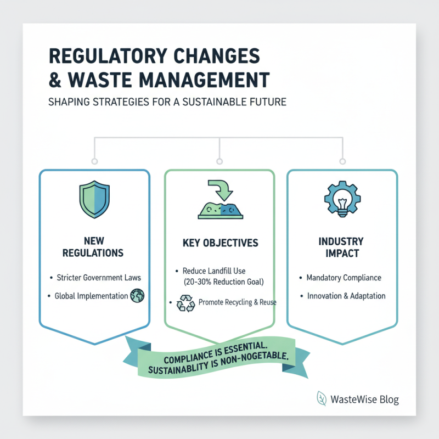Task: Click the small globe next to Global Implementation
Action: (x=137, y=296)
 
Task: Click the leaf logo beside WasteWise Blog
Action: (x=322, y=399)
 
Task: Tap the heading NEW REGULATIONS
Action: (x=94, y=247)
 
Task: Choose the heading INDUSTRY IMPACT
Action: (x=342, y=247)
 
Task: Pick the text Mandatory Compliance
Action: (x=344, y=278)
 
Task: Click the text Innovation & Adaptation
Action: (x=346, y=296)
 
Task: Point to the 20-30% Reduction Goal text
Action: (x=219, y=282)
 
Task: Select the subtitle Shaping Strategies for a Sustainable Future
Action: (x=167, y=102)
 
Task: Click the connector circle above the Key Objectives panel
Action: (x=219, y=161)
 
